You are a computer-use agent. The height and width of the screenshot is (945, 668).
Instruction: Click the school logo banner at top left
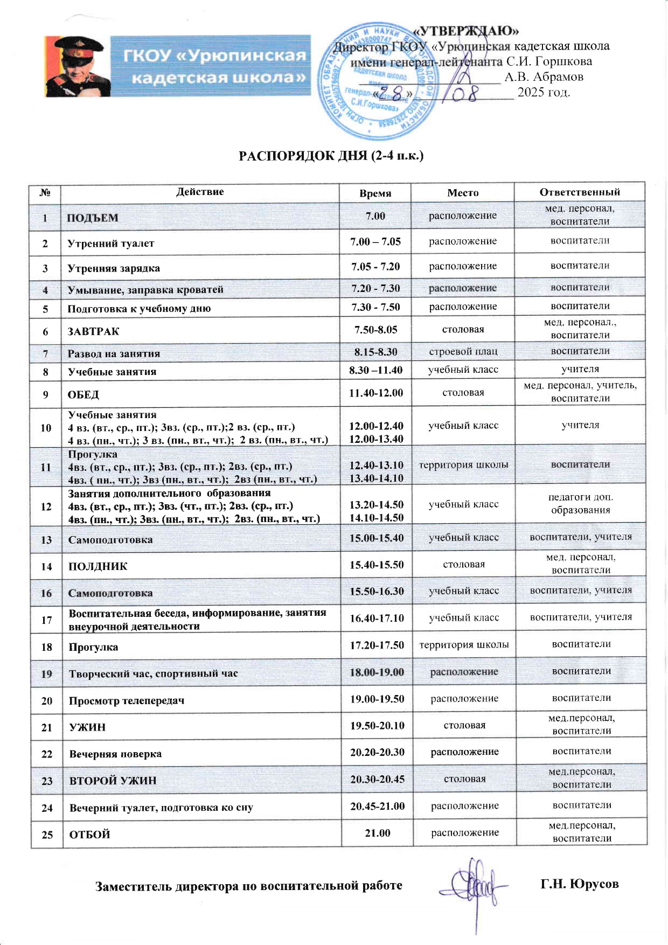tap(178, 66)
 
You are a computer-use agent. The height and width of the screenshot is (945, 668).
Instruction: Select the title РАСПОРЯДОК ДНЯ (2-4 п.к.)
tap(331, 156)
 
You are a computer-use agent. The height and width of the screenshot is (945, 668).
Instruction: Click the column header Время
tap(375, 193)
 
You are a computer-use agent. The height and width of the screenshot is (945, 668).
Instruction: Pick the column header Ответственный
tap(580, 192)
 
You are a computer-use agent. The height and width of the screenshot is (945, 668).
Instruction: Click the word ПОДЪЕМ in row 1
tap(92, 218)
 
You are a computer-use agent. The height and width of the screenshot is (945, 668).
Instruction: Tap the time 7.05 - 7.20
tap(375, 266)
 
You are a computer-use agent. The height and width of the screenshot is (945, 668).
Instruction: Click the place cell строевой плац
tap(463, 352)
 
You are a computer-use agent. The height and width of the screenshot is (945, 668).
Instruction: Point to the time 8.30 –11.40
tap(376, 370)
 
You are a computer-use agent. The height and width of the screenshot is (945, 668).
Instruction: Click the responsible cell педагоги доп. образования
tap(581, 503)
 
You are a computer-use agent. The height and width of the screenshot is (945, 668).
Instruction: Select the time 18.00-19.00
tap(377, 672)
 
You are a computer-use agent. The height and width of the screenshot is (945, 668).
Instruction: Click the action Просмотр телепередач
tap(127, 701)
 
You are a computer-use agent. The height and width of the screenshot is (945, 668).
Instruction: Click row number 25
tap(47, 835)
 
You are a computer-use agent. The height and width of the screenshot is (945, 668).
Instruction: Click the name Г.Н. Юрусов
tap(580, 884)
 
